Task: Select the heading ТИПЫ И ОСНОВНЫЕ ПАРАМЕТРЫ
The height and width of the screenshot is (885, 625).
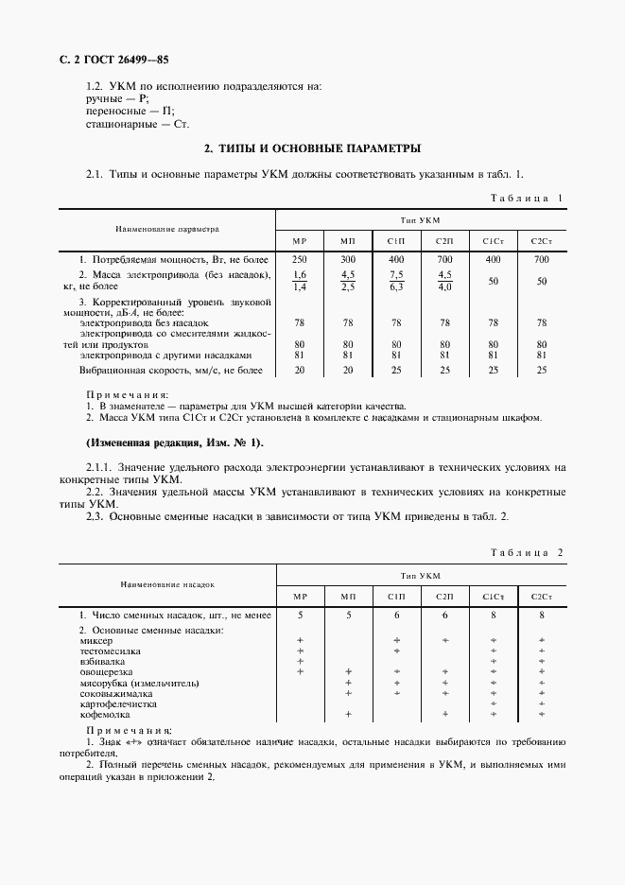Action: pos(313,148)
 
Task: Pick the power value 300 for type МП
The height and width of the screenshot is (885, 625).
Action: pos(348,259)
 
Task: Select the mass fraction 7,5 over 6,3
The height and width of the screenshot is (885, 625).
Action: pos(396,281)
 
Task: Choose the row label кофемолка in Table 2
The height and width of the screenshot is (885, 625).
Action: pos(110,715)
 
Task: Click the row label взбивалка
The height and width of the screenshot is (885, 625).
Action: pos(104,662)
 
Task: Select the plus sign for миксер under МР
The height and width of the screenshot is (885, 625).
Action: pos(300,640)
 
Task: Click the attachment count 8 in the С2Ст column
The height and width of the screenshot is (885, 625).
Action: pos(541,615)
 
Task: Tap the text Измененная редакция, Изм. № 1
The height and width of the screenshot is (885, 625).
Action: pos(175,442)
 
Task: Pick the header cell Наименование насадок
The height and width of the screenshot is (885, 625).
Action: pos(166,585)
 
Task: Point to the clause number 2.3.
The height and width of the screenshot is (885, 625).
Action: pos(95,516)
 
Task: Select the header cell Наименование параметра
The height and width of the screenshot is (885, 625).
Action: pos(166,228)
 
